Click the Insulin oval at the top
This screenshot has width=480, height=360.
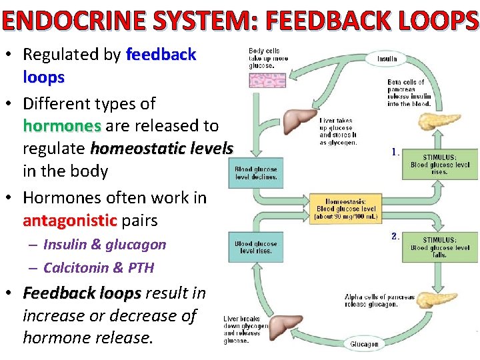387,58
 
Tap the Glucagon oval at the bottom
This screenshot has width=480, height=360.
364,344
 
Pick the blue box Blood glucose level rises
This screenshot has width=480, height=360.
255,247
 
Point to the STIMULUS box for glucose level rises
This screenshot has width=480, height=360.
439,164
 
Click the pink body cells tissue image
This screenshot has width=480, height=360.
267,80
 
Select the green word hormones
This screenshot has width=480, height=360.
61,125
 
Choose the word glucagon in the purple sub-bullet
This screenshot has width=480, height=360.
140,245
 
